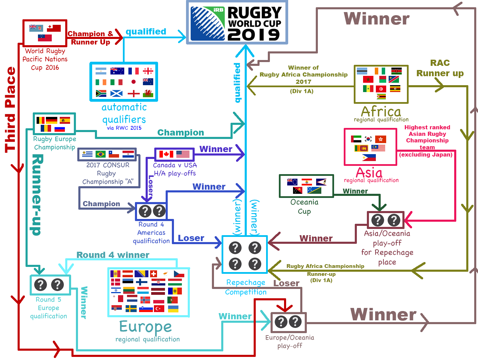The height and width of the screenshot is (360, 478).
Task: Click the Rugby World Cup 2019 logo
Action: point(237,22)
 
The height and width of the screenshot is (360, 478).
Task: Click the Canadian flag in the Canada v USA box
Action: point(166,154)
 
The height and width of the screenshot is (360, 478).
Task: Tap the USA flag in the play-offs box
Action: point(183,154)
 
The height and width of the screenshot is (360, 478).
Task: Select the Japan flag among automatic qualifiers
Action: point(134,82)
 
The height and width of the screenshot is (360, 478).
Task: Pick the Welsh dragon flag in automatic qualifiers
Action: point(148,93)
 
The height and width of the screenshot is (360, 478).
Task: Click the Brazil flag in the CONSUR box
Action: point(100,154)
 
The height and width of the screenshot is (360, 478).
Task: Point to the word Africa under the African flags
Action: point(381,111)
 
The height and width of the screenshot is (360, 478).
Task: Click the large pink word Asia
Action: point(369,172)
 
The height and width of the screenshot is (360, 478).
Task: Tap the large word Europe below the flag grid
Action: point(145,327)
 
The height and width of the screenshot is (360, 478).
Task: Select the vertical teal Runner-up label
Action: point(37,195)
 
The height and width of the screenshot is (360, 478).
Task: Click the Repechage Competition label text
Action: point(246,287)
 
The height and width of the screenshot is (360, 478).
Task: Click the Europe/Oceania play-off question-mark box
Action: point(289,322)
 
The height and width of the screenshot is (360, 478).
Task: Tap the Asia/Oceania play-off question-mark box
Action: point(386,220)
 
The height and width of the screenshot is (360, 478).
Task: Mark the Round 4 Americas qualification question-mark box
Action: point(152,211)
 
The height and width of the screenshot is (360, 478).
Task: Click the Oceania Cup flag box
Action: point(306,186)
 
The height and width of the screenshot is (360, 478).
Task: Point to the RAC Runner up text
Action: point(440,68)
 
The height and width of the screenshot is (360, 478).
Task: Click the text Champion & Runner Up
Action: point(90,38)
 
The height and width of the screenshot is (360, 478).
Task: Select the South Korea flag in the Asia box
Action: point(369,139)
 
